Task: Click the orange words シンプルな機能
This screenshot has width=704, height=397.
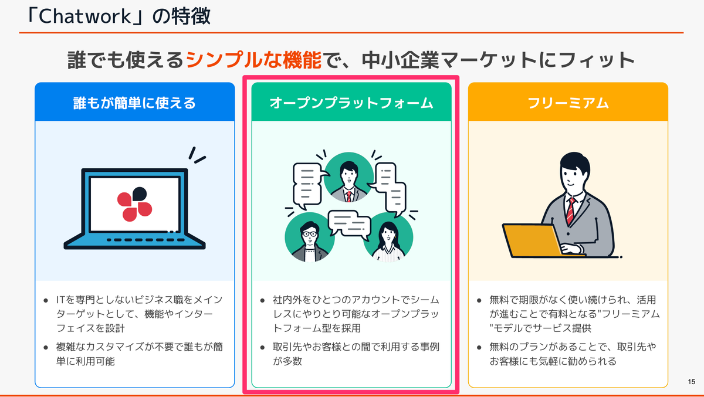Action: tap(253, 60)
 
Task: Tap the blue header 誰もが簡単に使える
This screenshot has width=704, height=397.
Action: tap(134, 103)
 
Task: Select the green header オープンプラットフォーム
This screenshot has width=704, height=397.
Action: tap(351, 103)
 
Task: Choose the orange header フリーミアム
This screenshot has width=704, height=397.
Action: tap(568, 103)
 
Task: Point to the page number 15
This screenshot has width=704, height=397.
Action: tap(691, 382)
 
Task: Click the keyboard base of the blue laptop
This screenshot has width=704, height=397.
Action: tap(134, 241)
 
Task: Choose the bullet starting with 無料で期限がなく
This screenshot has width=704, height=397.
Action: tap(568, 314)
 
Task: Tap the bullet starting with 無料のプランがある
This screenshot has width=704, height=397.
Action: tap(568, 354)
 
